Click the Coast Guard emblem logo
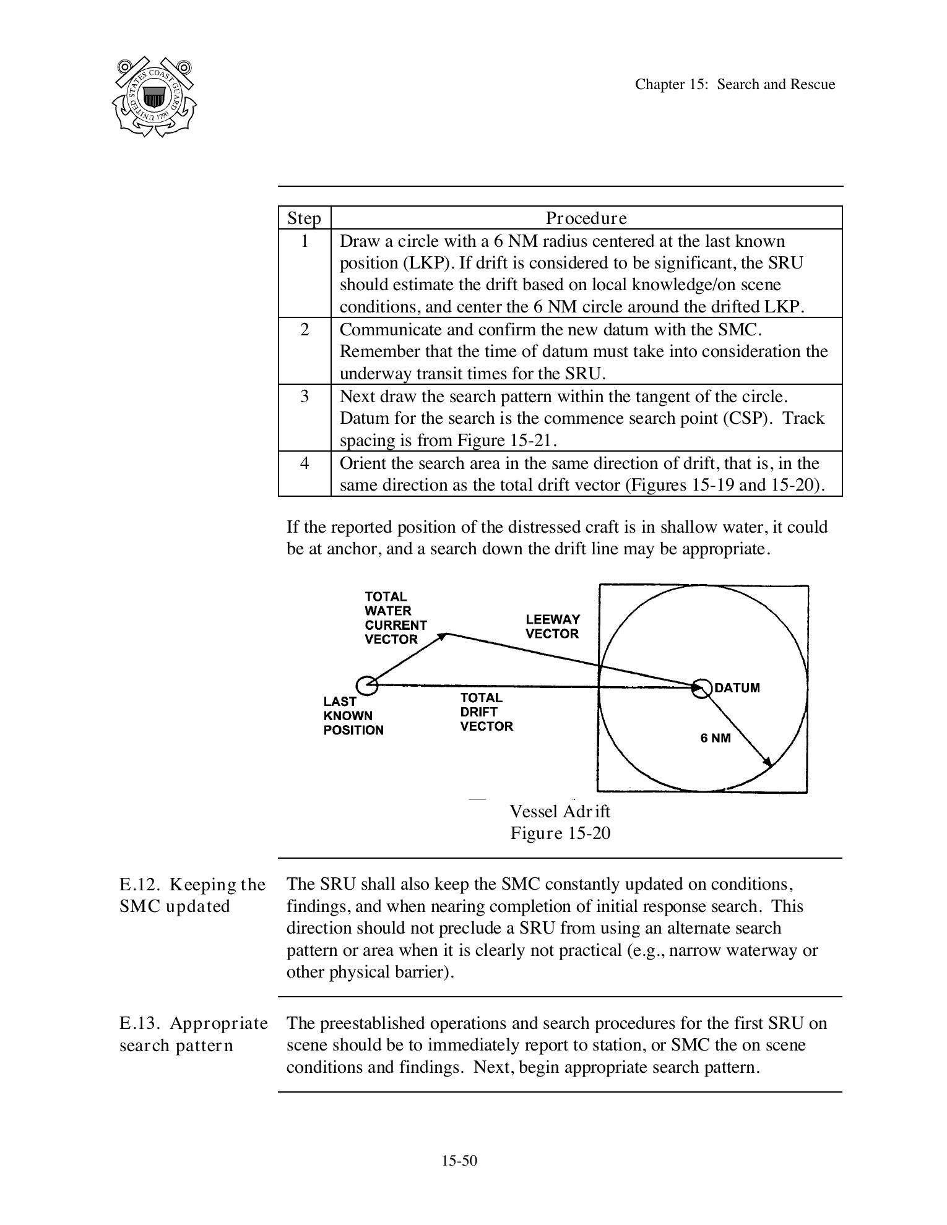click(x=154, y=97)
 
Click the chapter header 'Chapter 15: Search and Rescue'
click(x=735, y=85)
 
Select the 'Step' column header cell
click(x=305, y=218)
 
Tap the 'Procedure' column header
click(x=586, y=218)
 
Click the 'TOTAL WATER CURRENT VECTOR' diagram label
click(x=395, y=618)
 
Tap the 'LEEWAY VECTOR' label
click(x=553, y=626)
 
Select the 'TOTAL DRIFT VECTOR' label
click(x=486, y=712)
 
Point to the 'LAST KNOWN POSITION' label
click(x=353, y=716)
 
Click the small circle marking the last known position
click(x=367, y=685)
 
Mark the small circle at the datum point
click(x=702, y=688)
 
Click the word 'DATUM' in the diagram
click(x=737, y=688)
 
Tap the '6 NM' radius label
click(x=716, y=738)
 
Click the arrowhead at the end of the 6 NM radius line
click(x=768, y=763)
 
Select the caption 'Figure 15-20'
click(x=560, y=833)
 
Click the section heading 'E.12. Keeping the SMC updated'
click(x=192, y=895)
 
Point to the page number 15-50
click(x=459, y=1161)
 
